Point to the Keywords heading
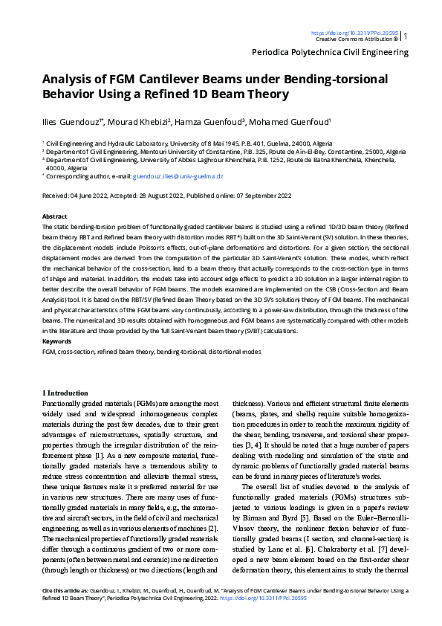click(56, 341)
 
